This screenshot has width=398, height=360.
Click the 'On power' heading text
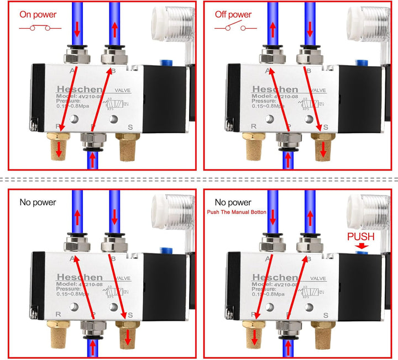[38, 15]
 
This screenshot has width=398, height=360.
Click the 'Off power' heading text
[233, 15]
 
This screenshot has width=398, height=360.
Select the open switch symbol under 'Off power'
[233, 28]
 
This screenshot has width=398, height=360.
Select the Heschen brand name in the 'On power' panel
[78, 89]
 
